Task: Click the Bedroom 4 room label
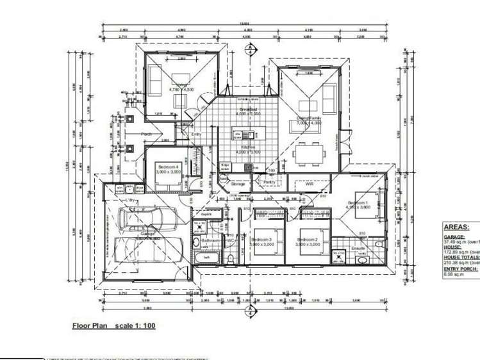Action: tap(169, 167)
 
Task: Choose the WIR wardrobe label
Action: tap(309, 184)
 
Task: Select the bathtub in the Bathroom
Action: tap(206, 258)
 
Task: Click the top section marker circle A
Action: tap(254, 47)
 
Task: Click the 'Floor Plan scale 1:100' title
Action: tap(113, 326)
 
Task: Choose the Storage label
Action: tap(237, 184)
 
